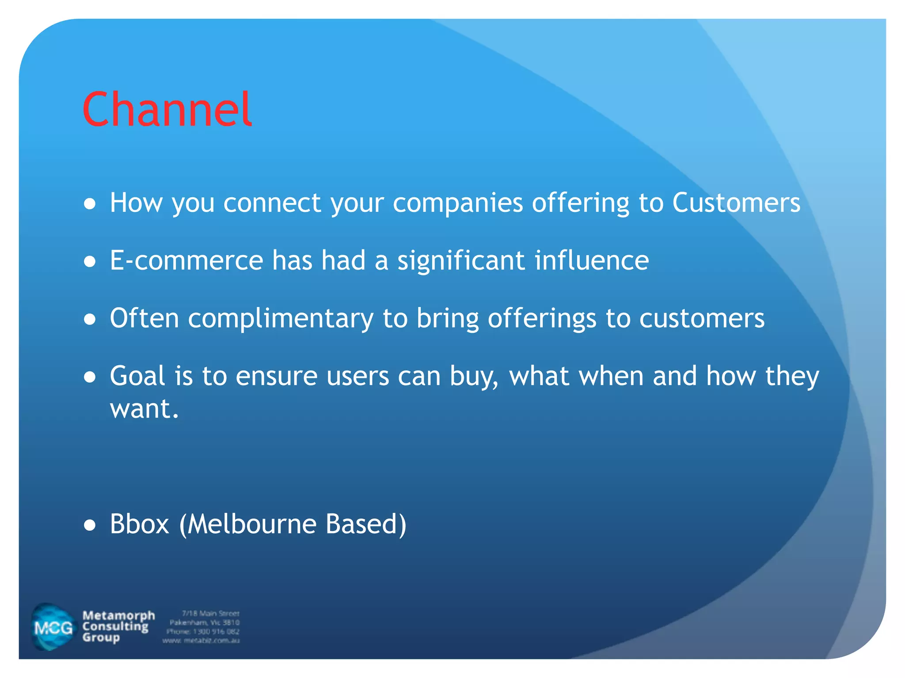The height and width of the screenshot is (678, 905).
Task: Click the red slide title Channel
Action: (x=167, y=109)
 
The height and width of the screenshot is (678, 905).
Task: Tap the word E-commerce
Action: (x=186, y=260)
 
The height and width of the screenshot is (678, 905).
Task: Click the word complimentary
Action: (x=281, y=319)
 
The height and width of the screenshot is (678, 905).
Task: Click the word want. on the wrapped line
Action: (x=144, y=408)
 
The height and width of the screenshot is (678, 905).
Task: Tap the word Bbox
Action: (x=139, y=524)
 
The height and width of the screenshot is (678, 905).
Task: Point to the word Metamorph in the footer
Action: (x=118, y=615)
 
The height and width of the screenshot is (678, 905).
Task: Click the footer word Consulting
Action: (x=115, y=626)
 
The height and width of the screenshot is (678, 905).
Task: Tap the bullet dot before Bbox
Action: (x=90, y=525)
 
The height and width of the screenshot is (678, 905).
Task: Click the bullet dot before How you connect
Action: (x=90, y=204)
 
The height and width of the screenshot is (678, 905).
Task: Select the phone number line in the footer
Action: (x=203, y=631)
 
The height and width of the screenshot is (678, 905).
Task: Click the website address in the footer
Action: (x=201, y=640)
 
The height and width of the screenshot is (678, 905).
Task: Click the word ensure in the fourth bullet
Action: (x=277, y=376)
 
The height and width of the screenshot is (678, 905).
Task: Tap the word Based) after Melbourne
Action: (x=365, y=524)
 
